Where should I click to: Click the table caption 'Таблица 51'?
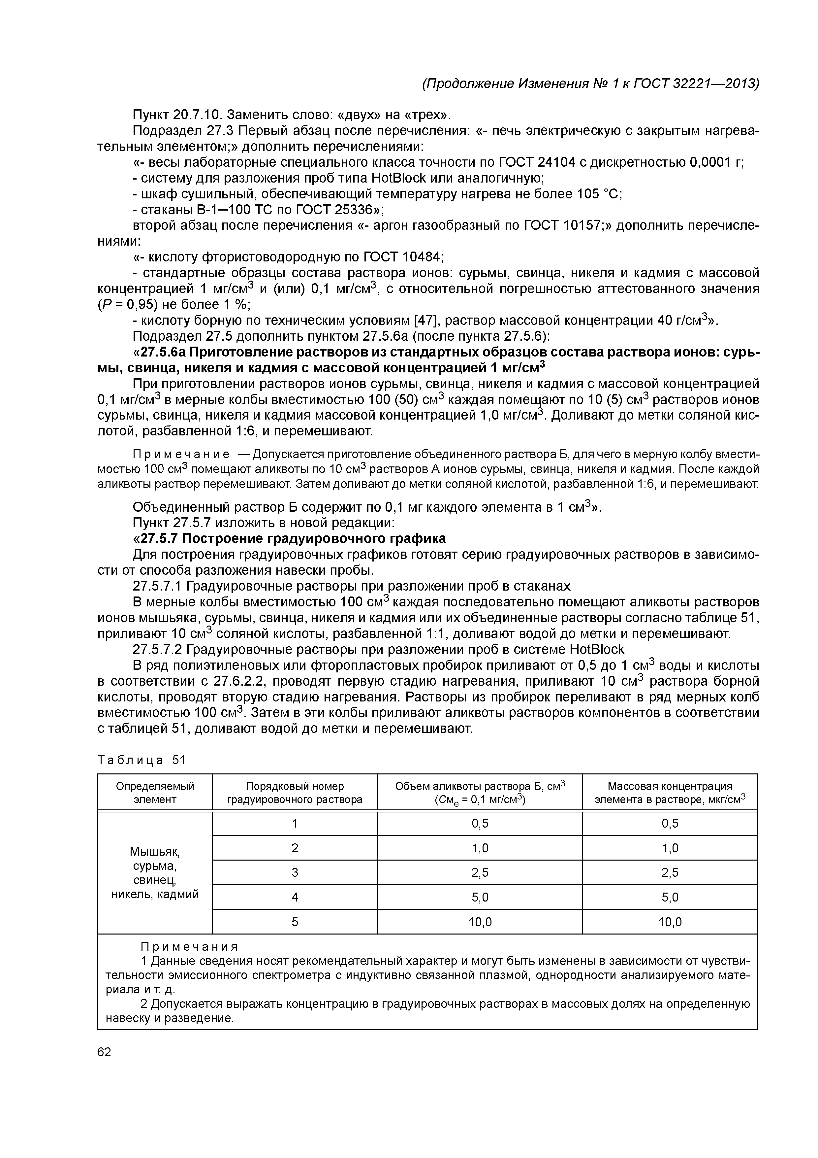(x=141, y=760)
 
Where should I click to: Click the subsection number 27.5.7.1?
(x=159, y=586)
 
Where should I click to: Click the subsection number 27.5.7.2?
(x=159, y=649)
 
